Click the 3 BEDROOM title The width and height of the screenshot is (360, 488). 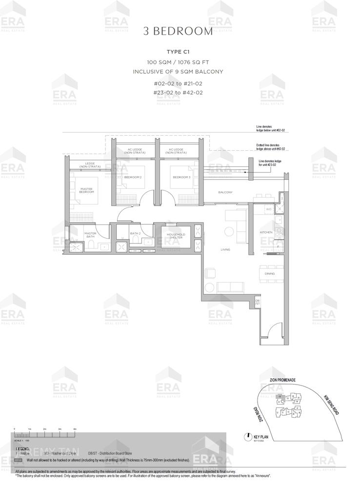coord(178,32)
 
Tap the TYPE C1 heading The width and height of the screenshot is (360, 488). coord(178,52)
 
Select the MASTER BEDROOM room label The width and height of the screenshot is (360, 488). coord(87,190)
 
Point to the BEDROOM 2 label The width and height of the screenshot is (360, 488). coord(133,177)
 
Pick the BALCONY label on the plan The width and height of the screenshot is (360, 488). coord(225,192)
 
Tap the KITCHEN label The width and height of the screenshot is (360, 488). coord(266,232)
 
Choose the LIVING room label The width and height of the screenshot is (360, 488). coord(225,249)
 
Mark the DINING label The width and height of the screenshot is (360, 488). coord(270,274)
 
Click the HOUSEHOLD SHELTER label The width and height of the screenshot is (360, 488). coord(176,236)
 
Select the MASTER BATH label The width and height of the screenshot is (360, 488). coord(90,235)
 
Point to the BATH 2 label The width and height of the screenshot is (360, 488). coord(135,233)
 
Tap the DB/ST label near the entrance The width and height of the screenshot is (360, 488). coord(257,302)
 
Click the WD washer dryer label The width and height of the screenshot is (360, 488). coord(268,209)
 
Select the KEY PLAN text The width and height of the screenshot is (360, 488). coord(262,437)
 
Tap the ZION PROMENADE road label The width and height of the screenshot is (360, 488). coord(283,380)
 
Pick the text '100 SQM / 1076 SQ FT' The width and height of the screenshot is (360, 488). coord(178,62)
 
